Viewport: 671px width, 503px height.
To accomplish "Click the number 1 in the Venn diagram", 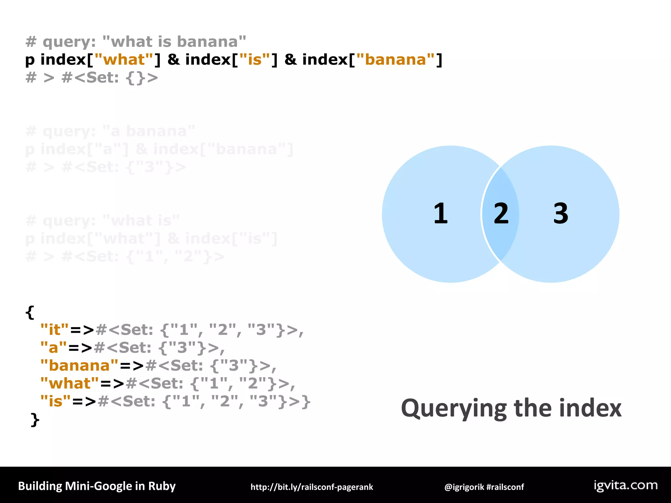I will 441,213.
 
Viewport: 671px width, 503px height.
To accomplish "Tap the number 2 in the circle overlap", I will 501,213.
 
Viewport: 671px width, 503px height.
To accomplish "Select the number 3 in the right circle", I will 561,213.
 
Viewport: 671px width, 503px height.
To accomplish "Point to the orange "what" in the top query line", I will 124,60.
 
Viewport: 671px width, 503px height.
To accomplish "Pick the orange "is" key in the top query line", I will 255,60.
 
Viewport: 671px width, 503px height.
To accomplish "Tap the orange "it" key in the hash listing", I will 55,329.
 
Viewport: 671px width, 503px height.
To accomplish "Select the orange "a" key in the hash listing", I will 53,347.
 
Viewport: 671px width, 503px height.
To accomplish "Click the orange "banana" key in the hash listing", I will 79,365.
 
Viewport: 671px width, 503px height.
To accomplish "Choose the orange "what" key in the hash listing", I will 69,383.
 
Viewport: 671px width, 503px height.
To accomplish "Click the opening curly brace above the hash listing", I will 30,312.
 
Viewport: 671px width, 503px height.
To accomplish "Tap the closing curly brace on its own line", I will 35,419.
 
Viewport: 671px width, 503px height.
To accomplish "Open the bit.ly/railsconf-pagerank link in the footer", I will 312,487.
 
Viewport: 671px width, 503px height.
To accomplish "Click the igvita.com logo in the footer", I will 625,485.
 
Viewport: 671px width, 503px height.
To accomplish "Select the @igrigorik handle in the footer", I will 464,487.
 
